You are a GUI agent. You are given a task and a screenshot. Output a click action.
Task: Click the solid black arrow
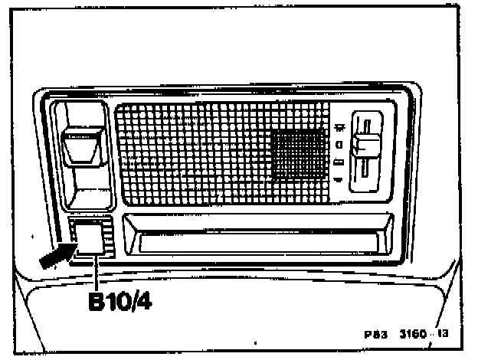coord(55,254)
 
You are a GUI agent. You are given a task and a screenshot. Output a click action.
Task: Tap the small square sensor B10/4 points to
coord(89,237)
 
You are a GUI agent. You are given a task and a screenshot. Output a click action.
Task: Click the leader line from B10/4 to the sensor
coord(94,270)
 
